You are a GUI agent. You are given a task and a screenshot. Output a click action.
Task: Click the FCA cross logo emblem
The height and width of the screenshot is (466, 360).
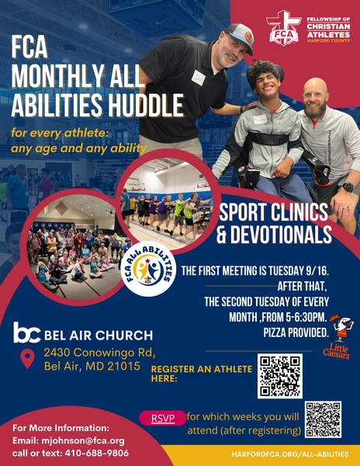click(x=283, y=28)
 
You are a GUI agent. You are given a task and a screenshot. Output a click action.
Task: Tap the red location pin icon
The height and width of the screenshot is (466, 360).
click(x=27, y=359)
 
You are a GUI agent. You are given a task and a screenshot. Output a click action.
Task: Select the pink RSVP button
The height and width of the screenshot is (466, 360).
click(x=163, y=418)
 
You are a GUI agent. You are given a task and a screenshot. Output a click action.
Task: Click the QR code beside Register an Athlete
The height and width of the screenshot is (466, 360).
click(x=280, y=376)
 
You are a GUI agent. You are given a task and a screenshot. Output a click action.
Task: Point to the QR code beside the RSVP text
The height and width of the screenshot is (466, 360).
click(x=323, y=419)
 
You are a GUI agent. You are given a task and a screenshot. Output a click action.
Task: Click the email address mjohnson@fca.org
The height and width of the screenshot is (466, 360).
click(x=83, y=440)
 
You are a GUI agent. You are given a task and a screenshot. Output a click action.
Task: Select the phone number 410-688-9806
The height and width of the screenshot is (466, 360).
click(x=97, y=454)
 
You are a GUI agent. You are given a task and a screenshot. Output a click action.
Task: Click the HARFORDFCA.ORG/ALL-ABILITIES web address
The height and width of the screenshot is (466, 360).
click(x=290, y=454)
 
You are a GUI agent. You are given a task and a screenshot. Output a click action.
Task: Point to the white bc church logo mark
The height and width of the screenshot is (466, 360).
click(x=26, y=332)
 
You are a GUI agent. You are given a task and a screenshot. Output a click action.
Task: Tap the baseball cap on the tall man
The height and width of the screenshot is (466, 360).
click(x=240, y=37)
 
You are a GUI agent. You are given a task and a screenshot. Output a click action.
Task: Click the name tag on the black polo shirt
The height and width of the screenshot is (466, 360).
click(x=199, y=78)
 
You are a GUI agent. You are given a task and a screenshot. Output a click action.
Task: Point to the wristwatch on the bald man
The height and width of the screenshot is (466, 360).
click(x=348, y=187)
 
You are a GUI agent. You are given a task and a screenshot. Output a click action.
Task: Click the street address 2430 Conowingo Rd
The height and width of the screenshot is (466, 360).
click(x=100, y=353)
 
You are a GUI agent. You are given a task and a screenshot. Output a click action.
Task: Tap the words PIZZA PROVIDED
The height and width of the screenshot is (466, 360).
click(x=296, y=333)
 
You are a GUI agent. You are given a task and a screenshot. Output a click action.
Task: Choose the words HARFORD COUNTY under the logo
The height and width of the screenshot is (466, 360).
click(x=328, y=40)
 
